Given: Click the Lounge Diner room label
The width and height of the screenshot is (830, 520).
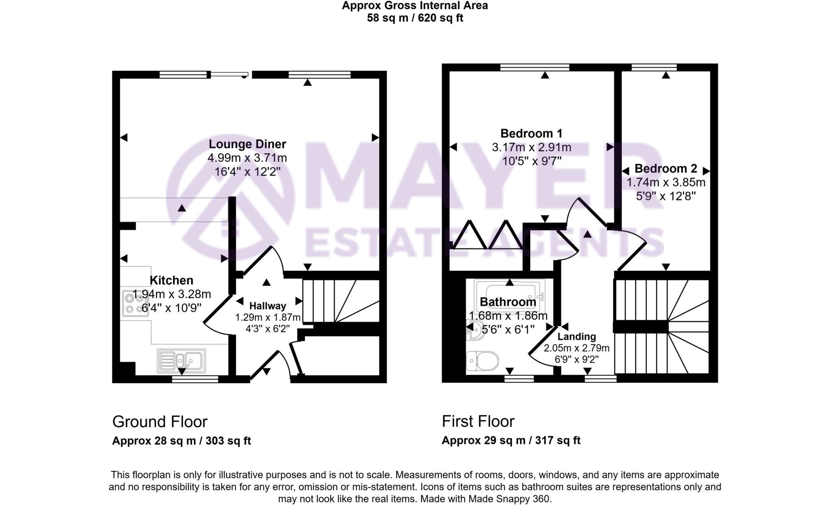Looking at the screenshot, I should click(x=247, y=144).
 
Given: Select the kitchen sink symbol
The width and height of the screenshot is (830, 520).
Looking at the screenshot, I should click(x=182, y=360).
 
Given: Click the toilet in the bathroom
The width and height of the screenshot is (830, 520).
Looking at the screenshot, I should click(x=483, y=361).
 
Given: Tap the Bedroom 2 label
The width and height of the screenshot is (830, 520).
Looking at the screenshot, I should click(x=665, y=168).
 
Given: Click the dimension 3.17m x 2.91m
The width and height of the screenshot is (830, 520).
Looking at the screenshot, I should click(x=531, y=147).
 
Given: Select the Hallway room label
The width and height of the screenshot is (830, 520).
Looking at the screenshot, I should click(x=267, y=306).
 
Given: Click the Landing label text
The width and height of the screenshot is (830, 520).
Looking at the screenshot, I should click(x=576, y=336).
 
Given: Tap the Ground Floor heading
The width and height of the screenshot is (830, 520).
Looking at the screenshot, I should click(x=160, y=422).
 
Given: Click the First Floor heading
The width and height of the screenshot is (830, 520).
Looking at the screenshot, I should click(x=478, y=421).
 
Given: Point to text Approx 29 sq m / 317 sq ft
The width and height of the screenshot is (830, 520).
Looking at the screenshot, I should click(x=511, y=440).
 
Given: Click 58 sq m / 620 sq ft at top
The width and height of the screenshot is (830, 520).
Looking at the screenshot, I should click(x=415, y=18).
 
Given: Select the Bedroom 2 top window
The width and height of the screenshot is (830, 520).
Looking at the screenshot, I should click(x=654, y=67).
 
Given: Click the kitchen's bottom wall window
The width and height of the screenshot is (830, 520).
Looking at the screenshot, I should click(x=195, y=379).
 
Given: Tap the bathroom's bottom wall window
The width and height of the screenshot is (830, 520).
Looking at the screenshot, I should click(x=519, y=379).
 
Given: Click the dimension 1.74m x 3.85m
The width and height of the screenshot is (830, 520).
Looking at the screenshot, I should click(x=666, y=182).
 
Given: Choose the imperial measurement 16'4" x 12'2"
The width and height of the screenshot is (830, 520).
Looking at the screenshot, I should click(x=247, y=171).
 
